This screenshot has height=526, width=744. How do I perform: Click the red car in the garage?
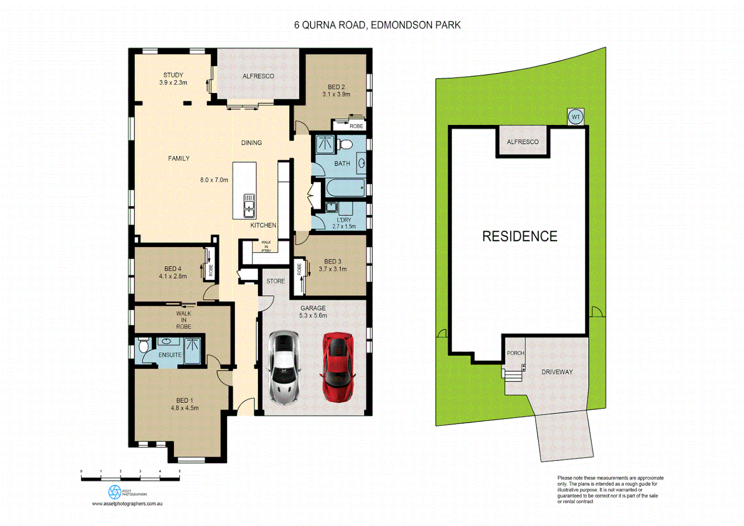click(337, 367)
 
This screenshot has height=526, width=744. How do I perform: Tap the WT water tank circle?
click(576, 117)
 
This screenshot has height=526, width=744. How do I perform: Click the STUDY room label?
click(173, 75)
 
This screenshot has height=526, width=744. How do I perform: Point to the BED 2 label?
click(336, 87)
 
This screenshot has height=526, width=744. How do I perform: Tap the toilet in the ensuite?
click(143, 346)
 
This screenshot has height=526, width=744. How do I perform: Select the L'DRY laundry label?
click(344, 220)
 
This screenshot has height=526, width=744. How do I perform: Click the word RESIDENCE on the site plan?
click(520, 236)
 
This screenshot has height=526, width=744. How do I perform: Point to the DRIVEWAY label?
click(557, 372)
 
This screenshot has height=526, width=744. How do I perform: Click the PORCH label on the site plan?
click(515, 353)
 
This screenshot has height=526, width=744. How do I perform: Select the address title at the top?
click(377, 25)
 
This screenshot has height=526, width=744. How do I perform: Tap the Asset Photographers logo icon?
click(114, 492)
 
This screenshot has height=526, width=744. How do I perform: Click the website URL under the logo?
click(127, 504)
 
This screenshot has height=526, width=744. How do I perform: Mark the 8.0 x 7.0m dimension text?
click(214, 180)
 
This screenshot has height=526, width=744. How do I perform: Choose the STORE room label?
click(275, 281)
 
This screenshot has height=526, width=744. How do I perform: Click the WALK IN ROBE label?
click(184, 320)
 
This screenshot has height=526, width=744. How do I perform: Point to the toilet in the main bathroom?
click(345, 144)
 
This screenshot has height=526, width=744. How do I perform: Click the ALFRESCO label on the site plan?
click(522, 142)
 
